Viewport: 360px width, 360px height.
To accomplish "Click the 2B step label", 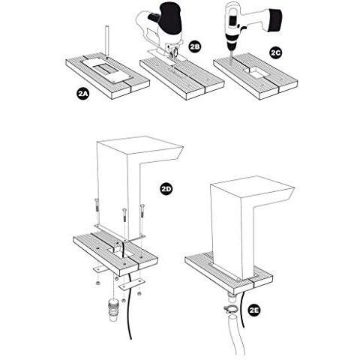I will coord(194,47).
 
